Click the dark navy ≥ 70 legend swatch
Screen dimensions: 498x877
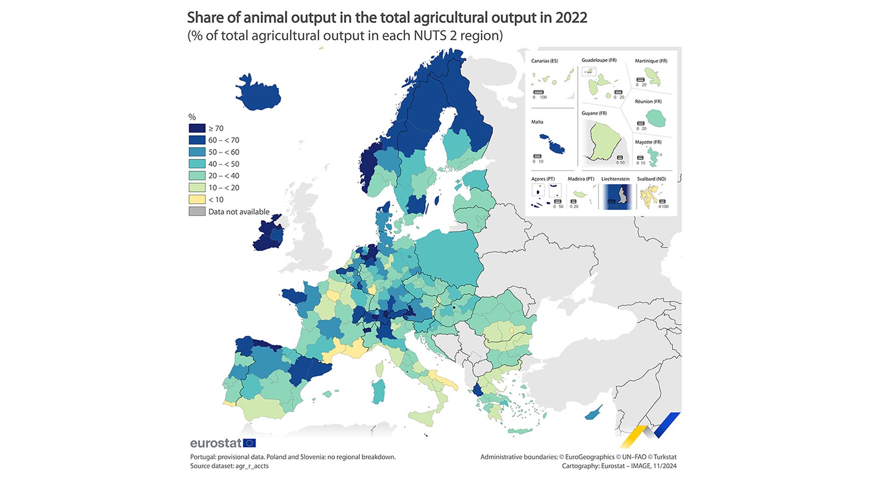(x=197, y=128)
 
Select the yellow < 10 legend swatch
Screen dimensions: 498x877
(x=197, y=199)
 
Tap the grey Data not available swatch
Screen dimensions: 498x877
(x=197, y=211)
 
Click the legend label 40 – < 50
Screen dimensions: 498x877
(x=224, y=164)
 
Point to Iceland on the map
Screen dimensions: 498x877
(x=257, y=94)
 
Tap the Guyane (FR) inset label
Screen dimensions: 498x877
(x=594, y=113)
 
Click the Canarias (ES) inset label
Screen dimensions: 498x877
(x=544, y=61)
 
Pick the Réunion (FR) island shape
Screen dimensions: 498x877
(x=655, y=119)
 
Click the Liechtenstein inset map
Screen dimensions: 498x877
(x=617, y=196)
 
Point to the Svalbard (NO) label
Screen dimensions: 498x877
(x=651, y=179)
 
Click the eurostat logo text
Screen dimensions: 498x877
(x=215, y=443)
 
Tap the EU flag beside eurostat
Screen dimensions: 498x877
(x=249, y=443)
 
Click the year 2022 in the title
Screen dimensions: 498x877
(x=571, y=18)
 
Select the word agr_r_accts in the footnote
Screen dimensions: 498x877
(x=252, y=466)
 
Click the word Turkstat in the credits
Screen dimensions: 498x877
(x=665, y=457)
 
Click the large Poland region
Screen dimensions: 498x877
(x=448, y=258)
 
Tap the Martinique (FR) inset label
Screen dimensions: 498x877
(x=650, y=61)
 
